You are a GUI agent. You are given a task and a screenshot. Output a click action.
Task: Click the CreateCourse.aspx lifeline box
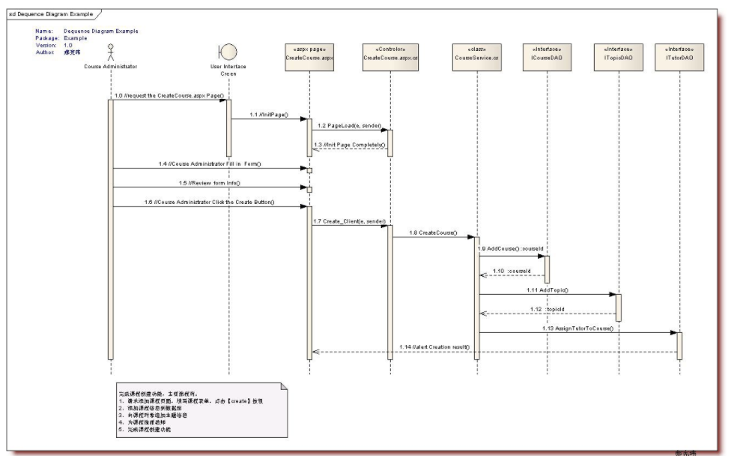pos(309,58)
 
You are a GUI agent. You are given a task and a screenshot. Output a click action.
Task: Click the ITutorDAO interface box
pos(679,58)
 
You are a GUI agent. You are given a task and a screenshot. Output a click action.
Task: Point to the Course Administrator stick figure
pos(111,53)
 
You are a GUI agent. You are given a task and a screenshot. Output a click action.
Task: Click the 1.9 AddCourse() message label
pos(509,247)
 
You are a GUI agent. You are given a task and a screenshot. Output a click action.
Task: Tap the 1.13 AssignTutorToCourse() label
pos(578,328)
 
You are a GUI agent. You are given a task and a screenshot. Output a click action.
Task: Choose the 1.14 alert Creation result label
pos(434,346)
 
